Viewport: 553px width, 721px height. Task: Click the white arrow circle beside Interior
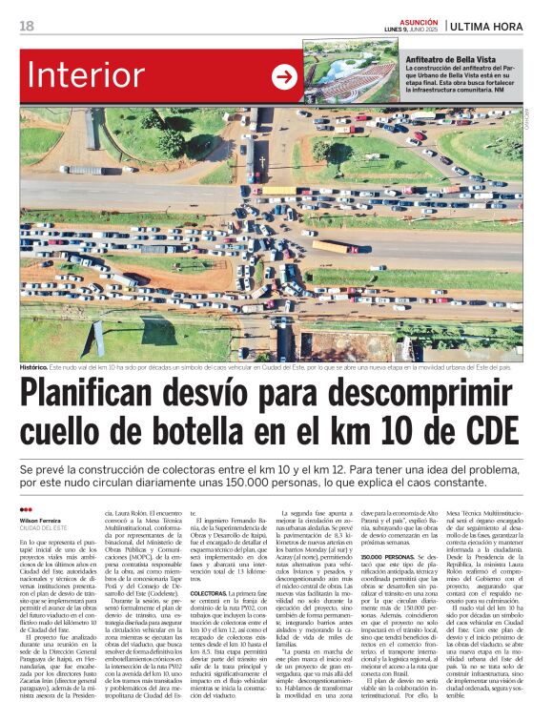285,77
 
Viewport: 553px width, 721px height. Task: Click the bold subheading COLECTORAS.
209,593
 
